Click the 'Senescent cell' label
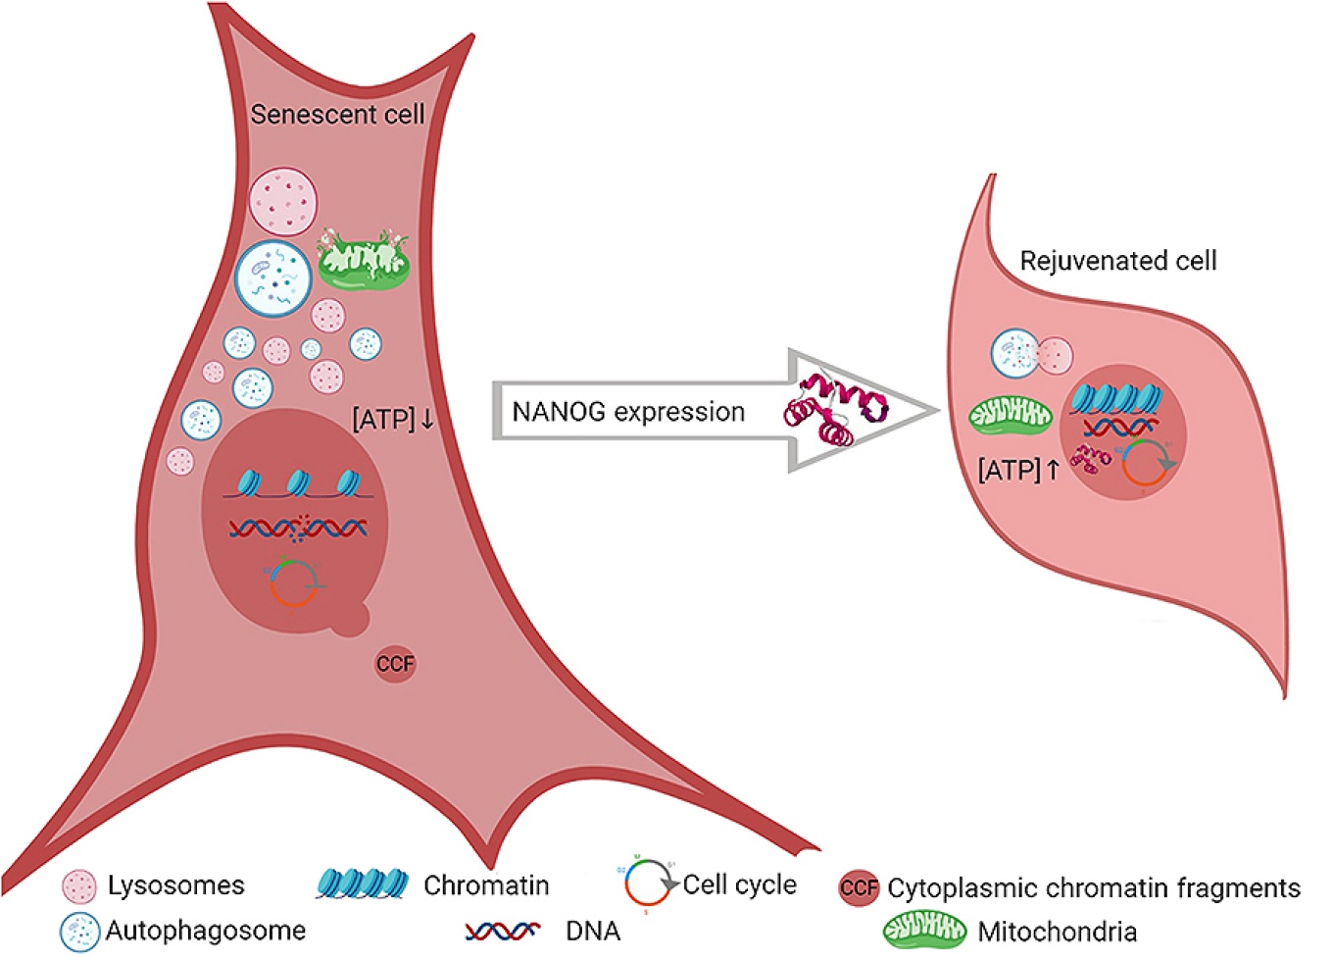pyautogui.click(x=337, y=115)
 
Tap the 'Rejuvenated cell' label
pyautogui.click(x=1117, y=261)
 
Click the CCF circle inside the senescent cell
pyautogui.click(x=395, y=664)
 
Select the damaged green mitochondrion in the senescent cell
pyautogui.click(x=364, y=261)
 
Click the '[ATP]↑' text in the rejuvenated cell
pyautogui.click(x=1018, y=470)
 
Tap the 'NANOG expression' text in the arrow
pyautogui.click(x=628, y=412)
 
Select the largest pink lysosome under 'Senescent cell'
pyautogui.click(x=282, y=202)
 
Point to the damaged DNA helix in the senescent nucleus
pyautogui.click(x=299, y=529)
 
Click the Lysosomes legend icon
pyautogui.click(x=78, y=886)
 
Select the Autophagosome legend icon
pyautogui.click(x=78, y=931)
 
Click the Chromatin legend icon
pyautogui.click(x=362, y=885)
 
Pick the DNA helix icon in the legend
pyautogui.click(x=502, y=931)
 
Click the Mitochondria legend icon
pyautogui.click(x=924, y=931)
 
